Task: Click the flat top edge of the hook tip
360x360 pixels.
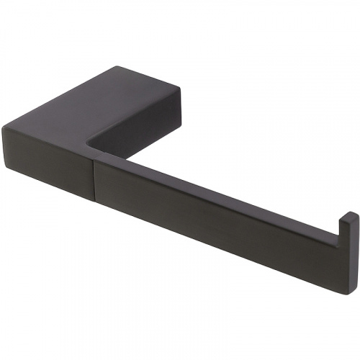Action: coord(348,214)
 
